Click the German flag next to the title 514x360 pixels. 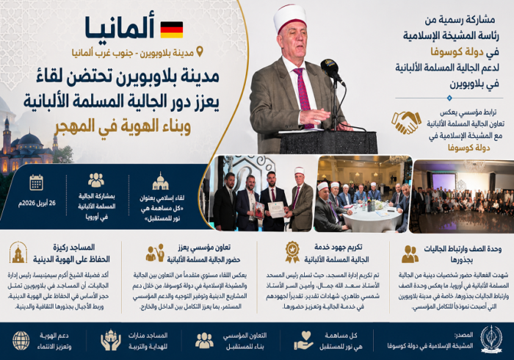[171, 29]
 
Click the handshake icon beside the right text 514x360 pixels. [406, 122]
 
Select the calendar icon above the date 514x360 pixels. [36, 181]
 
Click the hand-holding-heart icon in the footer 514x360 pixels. [303, 340]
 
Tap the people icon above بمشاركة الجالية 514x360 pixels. [96, 180]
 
